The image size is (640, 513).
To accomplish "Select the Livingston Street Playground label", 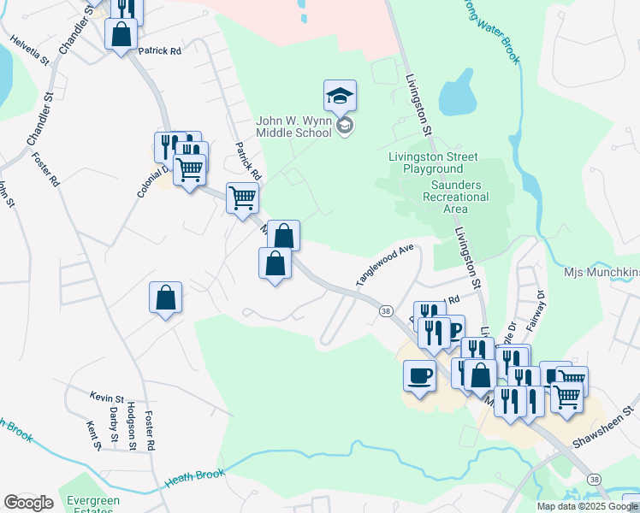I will pos(433,163).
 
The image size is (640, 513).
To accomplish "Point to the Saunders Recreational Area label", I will pos(456,197).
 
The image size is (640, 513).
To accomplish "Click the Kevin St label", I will pos(107,397).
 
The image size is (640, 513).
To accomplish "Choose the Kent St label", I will pos(93,434).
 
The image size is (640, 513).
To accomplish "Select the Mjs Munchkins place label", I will pos(602,273).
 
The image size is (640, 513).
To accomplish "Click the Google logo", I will pos(28,503).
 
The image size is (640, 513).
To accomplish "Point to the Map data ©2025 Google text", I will pos(588,506).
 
